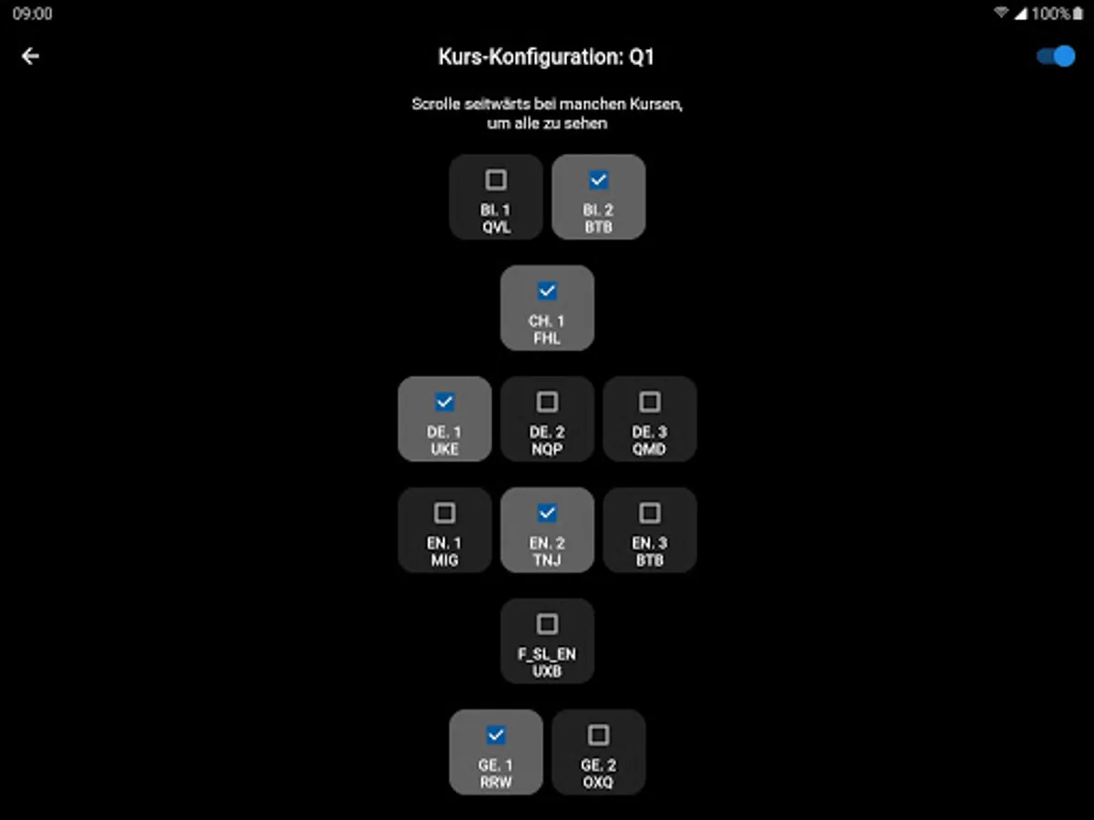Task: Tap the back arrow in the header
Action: coord(30,56)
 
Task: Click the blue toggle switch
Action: coord(1056,56)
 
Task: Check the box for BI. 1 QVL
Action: coord(496,179)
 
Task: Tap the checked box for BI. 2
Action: coord(598,179)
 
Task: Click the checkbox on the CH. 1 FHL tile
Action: coord(547,291)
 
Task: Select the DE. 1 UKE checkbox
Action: coord(445,402)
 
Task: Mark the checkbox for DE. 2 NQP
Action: coord(547,402)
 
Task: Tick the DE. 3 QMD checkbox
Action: coord(649,402)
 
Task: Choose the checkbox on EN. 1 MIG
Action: coord(445,513)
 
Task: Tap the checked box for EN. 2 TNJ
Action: coord(547,513)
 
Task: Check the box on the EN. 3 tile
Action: coord(649,513)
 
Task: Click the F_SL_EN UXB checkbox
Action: coord(547,624)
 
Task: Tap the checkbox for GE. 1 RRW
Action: coord(496,734)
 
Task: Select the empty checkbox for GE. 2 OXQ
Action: coord(598,734)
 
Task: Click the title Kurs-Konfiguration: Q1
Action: coord(546,57)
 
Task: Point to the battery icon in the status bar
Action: coord(1079,14)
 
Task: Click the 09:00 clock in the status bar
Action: coord(32,14)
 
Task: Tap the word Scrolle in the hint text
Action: coord(435,104)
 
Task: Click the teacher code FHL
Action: coord(547,338)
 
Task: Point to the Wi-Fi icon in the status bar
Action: coord(1001,14)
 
